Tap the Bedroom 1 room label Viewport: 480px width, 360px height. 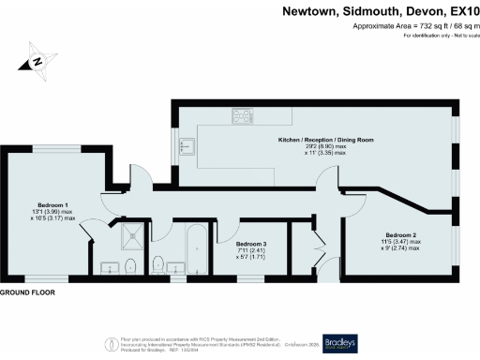point(52,204)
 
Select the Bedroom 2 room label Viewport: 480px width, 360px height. point(402,234)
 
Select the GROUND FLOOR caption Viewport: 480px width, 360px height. point(27,292)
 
